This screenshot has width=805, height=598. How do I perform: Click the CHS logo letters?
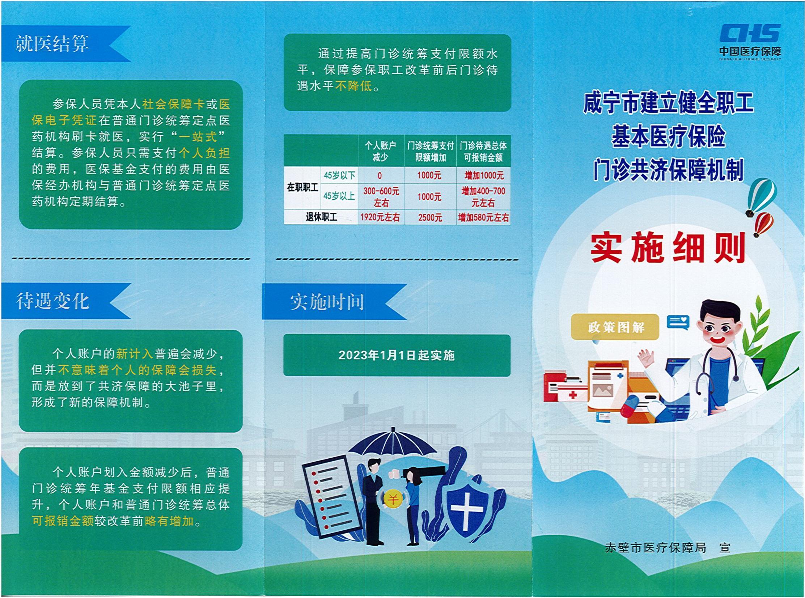[750, 34]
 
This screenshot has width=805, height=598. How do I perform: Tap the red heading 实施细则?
[668, 248]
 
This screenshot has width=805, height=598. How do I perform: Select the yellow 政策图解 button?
[615, 327]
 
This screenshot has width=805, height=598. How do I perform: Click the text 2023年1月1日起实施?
[396, 355]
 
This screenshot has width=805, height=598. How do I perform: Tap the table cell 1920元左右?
[380, 217]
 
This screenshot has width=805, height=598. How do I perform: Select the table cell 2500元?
[430, 217]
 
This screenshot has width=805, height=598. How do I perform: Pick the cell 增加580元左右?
[483, 217]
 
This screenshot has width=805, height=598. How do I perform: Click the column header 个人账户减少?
[380, 151]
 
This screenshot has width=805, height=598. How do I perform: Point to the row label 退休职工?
[321, 217]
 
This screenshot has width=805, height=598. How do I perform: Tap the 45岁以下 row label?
[339, 175]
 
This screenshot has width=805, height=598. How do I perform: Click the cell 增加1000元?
[484, 175]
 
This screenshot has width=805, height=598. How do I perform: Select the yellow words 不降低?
[353, 86]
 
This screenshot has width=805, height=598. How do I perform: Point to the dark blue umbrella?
[393, 447]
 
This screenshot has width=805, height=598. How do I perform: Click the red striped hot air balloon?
[764, 224]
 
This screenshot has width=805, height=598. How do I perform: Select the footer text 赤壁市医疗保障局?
[656, 548]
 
